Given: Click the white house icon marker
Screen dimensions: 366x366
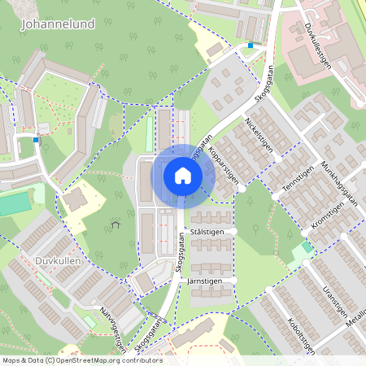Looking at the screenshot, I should point(182,175).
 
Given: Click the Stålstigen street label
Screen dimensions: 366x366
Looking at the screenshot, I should point(207,232).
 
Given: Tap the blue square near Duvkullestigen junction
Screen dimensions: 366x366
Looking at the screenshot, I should point(251,46).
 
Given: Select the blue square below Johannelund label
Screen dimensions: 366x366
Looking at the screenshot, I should point(36,140).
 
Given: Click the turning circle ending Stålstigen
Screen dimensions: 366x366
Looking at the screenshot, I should point(234,232).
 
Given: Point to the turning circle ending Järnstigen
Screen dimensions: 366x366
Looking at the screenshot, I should point(234,280).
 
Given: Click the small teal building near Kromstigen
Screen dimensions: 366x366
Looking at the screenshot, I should point(306,246).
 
